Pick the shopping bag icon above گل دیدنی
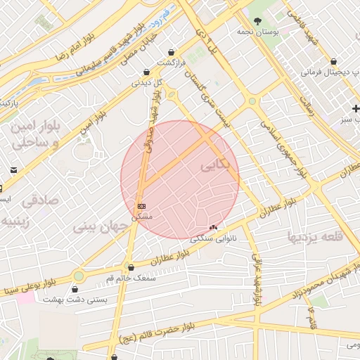tap(146, 72)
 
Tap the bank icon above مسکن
tap(141, 206)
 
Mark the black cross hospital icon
tap(356, 108)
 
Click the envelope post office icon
tap(13, 170)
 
